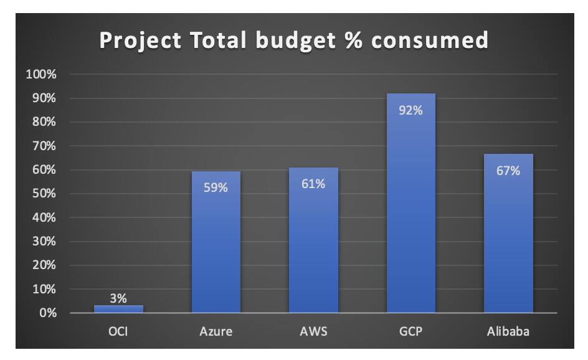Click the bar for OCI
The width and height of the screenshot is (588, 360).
tap(118, 309)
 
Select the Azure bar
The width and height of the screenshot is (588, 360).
tap(216, 249)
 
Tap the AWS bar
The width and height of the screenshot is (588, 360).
tap(313, 249)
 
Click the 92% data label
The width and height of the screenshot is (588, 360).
tap(410, 110)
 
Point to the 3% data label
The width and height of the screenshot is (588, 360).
tap(118, 298)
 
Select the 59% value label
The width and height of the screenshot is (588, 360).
tap(216, 187)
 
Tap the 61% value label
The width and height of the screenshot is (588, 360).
tap(313, 184)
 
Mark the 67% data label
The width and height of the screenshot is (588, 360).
tap(508, 170)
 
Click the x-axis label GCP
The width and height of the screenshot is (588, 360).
tap(410, 331)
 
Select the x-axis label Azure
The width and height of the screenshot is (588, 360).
tap(216, 331)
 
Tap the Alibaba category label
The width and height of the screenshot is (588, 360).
tap(508, 331)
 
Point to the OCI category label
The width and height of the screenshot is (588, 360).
tap(118, 331)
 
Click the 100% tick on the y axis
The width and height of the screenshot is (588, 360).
tap(41, 75)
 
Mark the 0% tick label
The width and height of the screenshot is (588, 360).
tap(46, 313)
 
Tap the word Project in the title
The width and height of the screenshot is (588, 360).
tap(140, 40)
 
